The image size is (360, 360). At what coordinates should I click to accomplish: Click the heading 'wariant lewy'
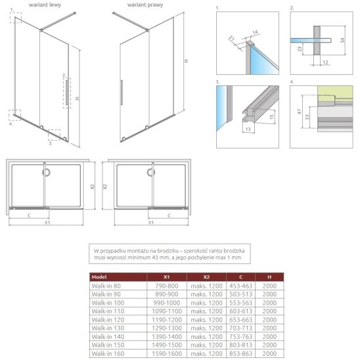click(45, 5)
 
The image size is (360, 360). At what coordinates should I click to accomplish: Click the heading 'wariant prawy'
click(145, 5)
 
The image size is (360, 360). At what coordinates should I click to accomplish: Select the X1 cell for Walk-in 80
click(167, 286)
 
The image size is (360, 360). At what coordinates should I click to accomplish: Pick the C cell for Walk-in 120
click(240, 319)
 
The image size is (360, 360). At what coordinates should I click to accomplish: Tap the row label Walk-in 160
click(108, 353)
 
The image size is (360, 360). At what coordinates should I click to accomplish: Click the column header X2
click(206, 277)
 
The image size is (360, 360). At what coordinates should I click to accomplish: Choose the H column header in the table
click(269, 277)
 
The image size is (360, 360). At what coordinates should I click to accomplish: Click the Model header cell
click(99, 277)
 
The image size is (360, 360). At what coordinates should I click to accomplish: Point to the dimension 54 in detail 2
click(342, 40)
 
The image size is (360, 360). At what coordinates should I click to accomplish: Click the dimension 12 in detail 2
click(325, 62)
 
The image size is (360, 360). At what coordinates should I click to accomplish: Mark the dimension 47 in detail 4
click(299, 112)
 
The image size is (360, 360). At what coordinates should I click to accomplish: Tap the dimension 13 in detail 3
click(248, 129)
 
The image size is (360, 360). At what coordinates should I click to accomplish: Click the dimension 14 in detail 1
click(255, 32)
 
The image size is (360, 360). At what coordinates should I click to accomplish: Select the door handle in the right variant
click(122, 93)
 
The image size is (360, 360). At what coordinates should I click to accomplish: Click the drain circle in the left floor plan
click(47, 172)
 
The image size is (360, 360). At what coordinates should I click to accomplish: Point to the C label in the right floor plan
click(169, 215)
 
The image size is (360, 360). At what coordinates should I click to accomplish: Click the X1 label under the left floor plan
click(47, 222)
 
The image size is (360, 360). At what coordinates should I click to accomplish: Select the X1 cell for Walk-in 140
click(167, 336)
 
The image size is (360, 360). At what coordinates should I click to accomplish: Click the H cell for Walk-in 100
click(269, 303)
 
